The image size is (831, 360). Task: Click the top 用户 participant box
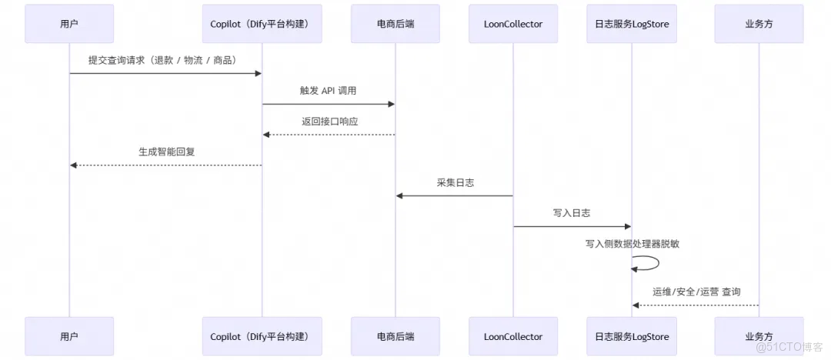coord(69,24)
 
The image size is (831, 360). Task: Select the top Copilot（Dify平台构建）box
coord(262,24)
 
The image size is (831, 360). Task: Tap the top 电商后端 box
coord(395,24)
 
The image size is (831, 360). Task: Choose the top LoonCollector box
coord(513,24)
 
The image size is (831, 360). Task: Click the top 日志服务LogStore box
coord(632,24)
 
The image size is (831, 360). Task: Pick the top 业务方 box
coord(759,24)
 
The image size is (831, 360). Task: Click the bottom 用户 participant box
coord(69,336)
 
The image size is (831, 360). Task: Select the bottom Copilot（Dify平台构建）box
coord(262,336)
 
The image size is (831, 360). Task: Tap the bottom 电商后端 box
coord(395,336)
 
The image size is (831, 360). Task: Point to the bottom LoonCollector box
coord(513,336)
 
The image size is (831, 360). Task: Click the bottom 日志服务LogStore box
coord(632,336)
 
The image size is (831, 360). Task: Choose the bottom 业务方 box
coord(759,336)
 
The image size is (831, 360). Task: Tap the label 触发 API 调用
coord(329,91)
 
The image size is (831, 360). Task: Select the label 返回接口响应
coord(329,122)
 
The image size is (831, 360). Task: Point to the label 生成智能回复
coord(166,152)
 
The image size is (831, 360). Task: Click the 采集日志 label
coord(454,182)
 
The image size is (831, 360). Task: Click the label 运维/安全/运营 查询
coord(696,292)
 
